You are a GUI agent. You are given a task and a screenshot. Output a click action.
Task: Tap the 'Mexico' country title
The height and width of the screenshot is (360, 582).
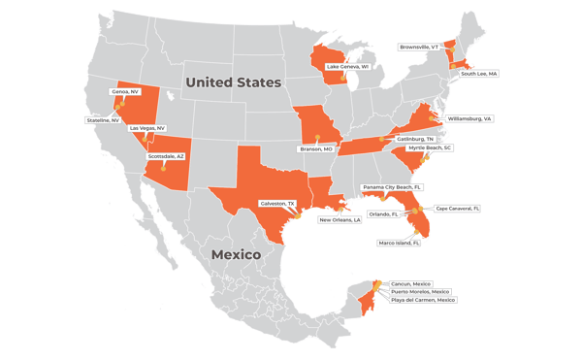click(239, 254)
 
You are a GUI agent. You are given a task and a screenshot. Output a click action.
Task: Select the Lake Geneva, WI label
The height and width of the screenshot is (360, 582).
click(352, 66)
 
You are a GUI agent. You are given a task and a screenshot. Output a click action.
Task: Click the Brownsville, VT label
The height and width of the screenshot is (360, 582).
click(420, 46)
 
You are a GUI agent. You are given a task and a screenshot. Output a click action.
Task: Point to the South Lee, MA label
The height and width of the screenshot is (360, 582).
click(479, 73)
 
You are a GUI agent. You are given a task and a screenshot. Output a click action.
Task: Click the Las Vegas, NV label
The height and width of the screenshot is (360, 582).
click(147, 127)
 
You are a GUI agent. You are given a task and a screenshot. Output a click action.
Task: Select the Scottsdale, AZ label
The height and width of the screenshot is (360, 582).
click(166, 154)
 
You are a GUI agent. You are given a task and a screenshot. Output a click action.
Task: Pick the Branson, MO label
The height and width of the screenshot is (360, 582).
click(316, 148)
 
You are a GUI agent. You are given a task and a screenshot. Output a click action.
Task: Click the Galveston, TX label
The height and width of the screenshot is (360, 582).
click(276, 203)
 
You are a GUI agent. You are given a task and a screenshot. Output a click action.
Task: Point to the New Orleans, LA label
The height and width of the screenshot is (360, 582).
click(340, 219)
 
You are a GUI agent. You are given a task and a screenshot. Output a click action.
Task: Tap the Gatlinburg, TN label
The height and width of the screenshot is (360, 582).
click(416, 139)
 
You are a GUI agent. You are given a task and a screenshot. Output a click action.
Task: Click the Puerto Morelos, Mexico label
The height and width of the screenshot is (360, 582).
click(419, 291)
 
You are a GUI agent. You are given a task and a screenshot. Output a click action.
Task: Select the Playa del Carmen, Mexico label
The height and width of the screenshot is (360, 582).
click(423, 300)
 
